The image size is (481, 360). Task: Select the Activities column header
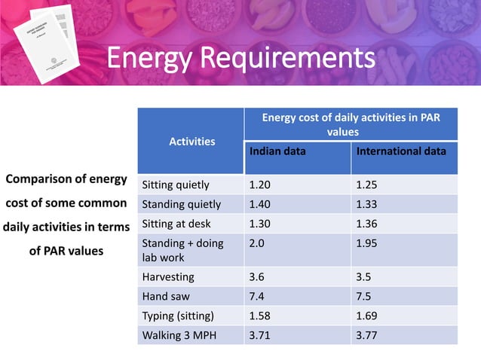(x=191, y=141)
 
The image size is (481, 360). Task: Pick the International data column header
(x=400, y=151)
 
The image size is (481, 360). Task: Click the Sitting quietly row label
(x=176, y=185)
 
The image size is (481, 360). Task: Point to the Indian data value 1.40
(x=260, y=204)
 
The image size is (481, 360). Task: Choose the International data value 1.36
(x=367, y=224)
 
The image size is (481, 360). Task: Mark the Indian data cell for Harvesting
(x=256, y=276)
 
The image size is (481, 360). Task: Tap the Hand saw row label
(x=166, y=296)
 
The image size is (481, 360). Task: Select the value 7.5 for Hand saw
(x=363, y=296)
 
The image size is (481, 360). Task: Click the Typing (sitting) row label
(x=178, y=316)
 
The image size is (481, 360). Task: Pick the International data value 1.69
(x=367, y=316)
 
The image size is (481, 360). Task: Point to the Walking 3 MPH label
(x=178, y=335)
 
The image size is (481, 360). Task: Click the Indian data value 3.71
(x=260, y=335)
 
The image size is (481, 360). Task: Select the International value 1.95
(x=367, y=243)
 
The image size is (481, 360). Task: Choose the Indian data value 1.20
(x=260, y=185)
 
